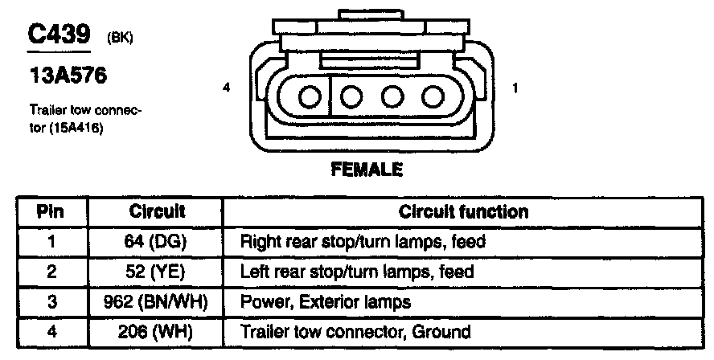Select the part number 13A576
click(x=68, y=76)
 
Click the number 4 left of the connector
click(x=228, y=88)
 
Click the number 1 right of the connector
click(x=514, y=88)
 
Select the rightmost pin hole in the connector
click(x=433, y=97)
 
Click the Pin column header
click(x=51, y=212)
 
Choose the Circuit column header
click(x=157, y=212)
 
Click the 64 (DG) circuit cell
click(x=157, y=241)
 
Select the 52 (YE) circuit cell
click(x=157, y=272)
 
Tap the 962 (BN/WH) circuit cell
click(x=157, y=301)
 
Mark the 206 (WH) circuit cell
click(x=157, y=331)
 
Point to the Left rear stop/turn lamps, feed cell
click(x=358, y=272)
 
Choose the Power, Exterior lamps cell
click(x=326, y=301)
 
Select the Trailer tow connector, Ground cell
click(x=355, y=331)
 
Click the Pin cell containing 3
click(x=51, y=301)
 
